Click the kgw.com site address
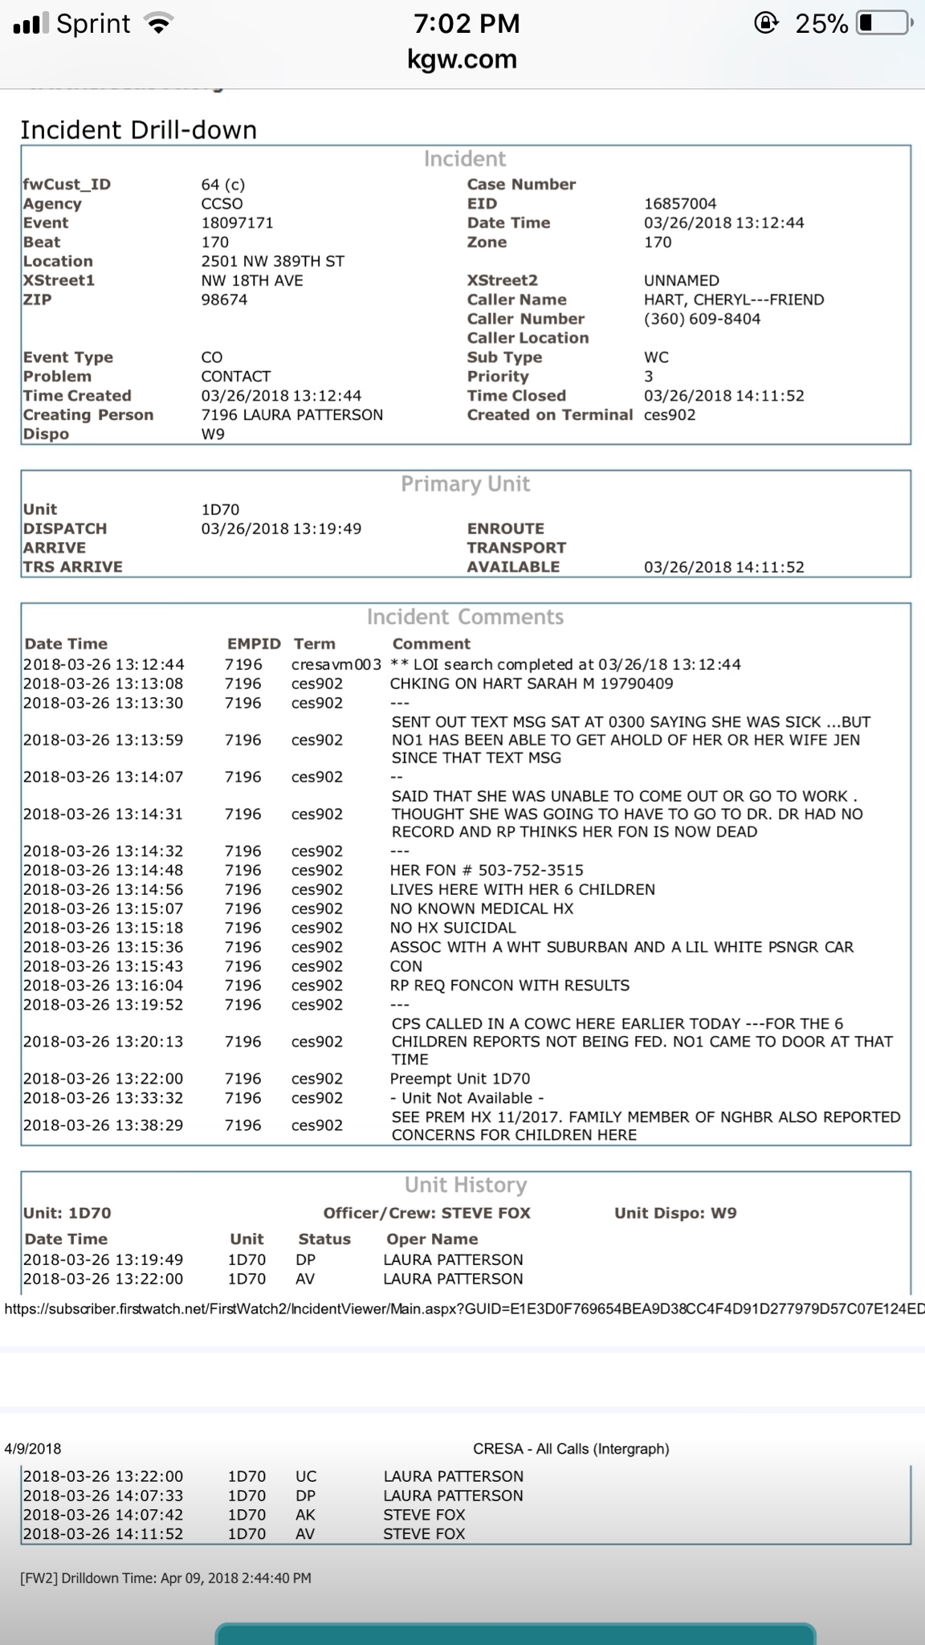click(462, 59)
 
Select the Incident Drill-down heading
click(138, 130)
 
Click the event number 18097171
click(237, 222)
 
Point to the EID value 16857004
click(680, 203)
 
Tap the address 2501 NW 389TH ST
click(272, 261)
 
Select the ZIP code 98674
click(224, 300)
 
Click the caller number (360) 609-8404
click(702, 319)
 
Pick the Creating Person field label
click(88, 414)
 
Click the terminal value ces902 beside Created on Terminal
click(670, 414)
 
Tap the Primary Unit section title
click(465, 484)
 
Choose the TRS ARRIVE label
click(72, 566)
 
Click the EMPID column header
click(254, 643)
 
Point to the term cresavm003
click(336, 664)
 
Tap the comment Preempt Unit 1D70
click(459, 1079)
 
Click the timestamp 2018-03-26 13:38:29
click(103, 1125)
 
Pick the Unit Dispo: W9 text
click(675, 1213)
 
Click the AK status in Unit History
click(306, 1514)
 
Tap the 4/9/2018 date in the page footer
click(32, 1449)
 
